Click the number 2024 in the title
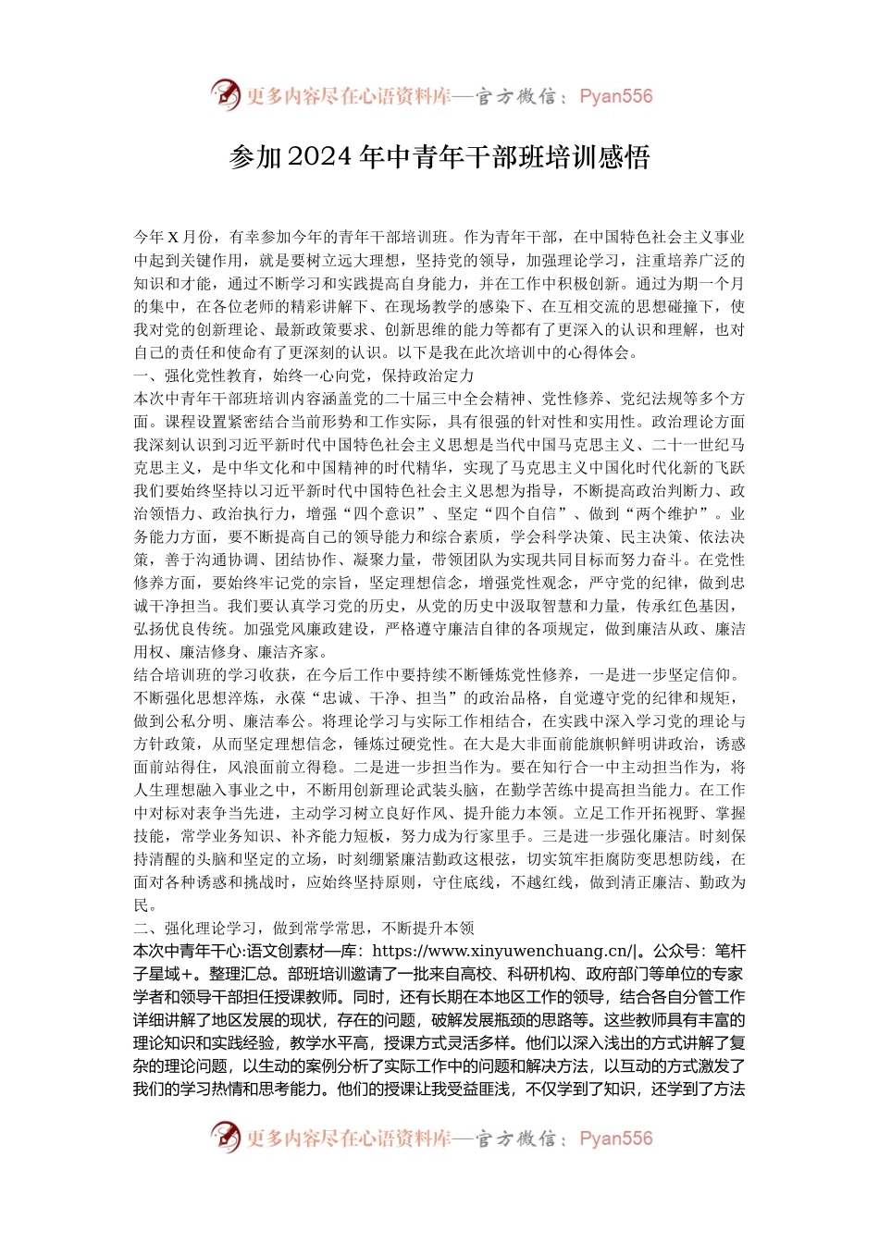[x=320, y=157]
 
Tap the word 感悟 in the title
[x=624, y=157]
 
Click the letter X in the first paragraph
[x=172, y=238]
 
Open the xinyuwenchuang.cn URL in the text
[x=503, y=951]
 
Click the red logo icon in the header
[x=225, y=94]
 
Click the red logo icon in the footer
[x=225, y=1137]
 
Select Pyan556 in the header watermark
[x=615, y=96]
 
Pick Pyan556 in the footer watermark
[x=615, y=1138]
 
